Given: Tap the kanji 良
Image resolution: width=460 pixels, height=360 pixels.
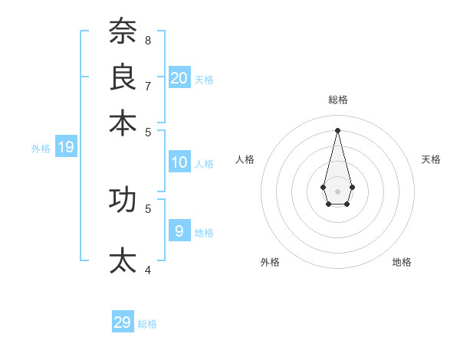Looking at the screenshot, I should pyautogui.click(x=122, y=77).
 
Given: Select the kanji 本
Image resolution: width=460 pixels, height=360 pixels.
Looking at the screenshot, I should pyautogui.click(x=122, y=122).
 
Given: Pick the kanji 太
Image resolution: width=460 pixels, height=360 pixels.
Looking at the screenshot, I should pyautogui.click(x=122, y=260).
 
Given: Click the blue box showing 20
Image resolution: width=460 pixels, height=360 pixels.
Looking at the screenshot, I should pyautogui.click(x=179, y=77).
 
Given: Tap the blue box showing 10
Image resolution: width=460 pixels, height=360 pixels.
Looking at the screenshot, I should pyautogui.click(x=179, y=162).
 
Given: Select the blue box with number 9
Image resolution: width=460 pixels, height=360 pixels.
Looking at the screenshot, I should pyautogui.click(x=179, y=231).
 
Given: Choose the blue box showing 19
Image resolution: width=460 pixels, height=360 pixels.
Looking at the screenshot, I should pyautogui.click(x=65, y=147).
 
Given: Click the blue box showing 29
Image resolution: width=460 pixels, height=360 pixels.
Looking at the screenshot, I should pyautogui.click(x=122, y=322).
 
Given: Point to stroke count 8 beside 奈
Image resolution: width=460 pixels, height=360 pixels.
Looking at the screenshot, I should pyautogui.click(x=148, y=40).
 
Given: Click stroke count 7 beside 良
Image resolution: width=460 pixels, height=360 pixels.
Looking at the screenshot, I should pyautogui.click(x=148, y=86).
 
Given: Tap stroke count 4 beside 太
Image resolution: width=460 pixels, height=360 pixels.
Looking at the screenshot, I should pyautogui.click(x=148, y=270).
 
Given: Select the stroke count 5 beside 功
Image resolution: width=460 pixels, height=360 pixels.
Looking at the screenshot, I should pyautogui.click(x=148, y=208).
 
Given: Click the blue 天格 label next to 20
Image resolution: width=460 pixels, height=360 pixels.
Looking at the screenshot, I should pyautogui.click(x=204, y=79).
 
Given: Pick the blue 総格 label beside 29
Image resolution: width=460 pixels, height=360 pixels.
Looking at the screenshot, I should pyautogui.click(x=147, y=324).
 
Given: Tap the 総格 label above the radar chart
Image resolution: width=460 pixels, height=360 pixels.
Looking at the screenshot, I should pyautogui.click(x=337, y=100).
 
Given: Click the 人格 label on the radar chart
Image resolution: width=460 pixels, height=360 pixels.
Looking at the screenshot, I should pyautogui.click(x=245, y=159).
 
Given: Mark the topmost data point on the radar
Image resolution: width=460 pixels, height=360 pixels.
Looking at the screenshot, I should pyautogui.click(x=337, y=129).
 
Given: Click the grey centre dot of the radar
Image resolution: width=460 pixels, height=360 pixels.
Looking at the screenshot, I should pyautogui.click(x=337, y=191).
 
